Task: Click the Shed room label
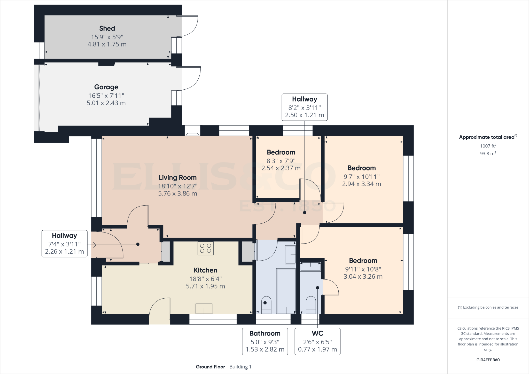point(107,28)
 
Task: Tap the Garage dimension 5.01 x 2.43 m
point(106,103)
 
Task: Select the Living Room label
point(177,177)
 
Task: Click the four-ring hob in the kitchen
point(206,248)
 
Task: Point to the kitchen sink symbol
point(204,308)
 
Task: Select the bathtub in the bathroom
point(286,291)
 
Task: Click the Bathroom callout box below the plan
point(265,341)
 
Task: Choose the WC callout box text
point(317,341)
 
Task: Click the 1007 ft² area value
point(488,146)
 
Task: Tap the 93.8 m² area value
point(488,153)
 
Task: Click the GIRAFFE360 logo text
point(488,360)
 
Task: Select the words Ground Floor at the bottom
point(210,367)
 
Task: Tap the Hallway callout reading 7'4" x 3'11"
point(65,244)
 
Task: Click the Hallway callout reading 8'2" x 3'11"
point(305,107)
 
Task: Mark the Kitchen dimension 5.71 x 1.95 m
point(205,286)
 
